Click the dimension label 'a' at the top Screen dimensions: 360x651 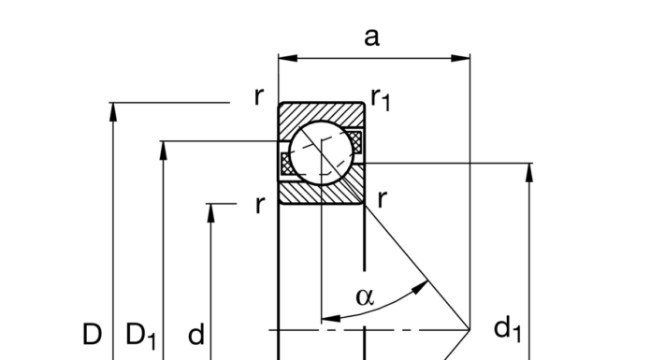372,36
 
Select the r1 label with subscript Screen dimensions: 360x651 380,98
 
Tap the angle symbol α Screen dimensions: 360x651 365,297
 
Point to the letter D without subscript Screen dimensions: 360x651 91,334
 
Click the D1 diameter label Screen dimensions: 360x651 141,335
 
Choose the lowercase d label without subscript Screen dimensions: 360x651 196,335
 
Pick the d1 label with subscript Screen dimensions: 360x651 507,328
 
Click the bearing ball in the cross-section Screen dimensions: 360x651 320,152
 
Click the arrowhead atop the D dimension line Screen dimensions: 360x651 113,111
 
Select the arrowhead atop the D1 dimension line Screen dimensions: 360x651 164,151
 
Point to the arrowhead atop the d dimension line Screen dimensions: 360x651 211,211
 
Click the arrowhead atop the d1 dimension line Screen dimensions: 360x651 529,173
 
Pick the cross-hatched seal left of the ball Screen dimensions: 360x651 285,162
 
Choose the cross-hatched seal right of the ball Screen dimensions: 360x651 356,142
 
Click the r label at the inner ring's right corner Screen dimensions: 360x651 383,199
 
